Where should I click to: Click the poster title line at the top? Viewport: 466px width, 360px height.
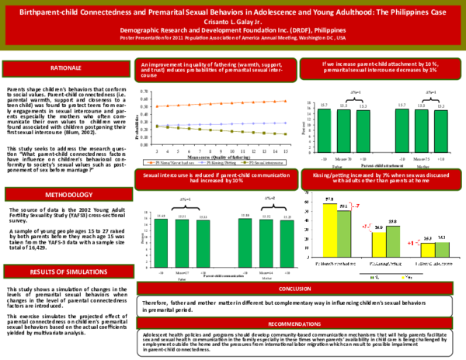233,7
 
